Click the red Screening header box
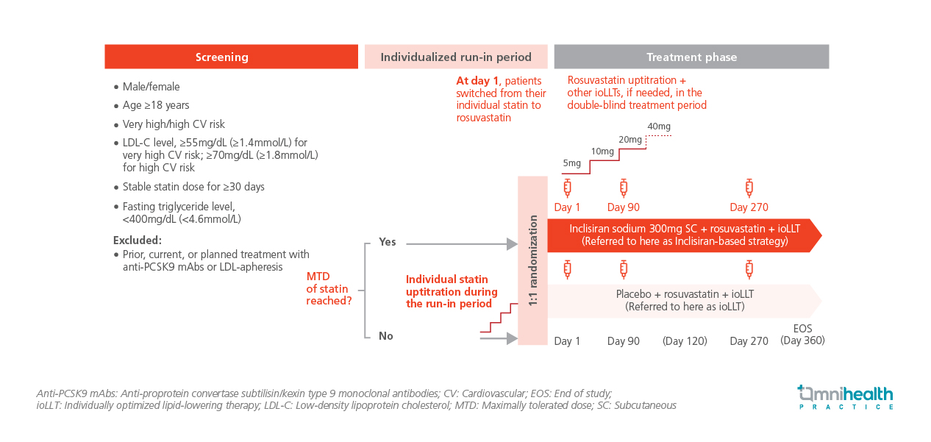pyautogui.click(x=221, y=57)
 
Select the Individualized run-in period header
pyautogui.click(x=456, y=57)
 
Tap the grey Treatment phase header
pyautogui.click(x=691, y=57)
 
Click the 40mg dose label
pyautogui.click(x=659, y=126)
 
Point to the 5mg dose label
pyautogui.click(x=571, y=163)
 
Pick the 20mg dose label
pyautogui.click(x=630, y=140)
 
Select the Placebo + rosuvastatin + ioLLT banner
pyautogui.click(x=684, y=300)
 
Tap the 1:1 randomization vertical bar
pyautogui.click(x=533, y=260)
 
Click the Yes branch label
pyautogui.click(x=387, y=242)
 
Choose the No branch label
pyautogui.click(x=386, y=336)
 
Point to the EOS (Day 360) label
pyautogui.click(x=802, y=335)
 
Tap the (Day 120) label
pyautogui.click(x=685, y=341)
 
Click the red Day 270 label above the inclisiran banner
pyautogui.click(x=749, y=207)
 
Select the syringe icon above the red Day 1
pyautogui.click(x=567, y=187)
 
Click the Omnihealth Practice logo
pyautogui.click(x=846, y=397)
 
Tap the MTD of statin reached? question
pyautogui.click(x=329, y=288)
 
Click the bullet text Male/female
pyautogui.click(x=151, y=87)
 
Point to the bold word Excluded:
pyautogui.click(x=138, y=240)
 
